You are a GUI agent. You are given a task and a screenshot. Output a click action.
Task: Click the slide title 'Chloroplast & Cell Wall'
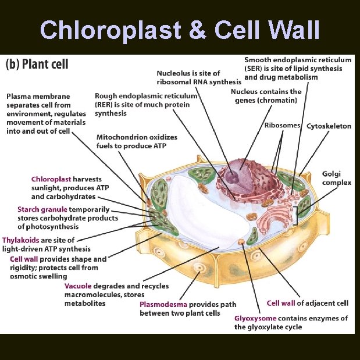pos(180,30)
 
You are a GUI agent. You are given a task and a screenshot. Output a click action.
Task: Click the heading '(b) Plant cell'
pos(37,64)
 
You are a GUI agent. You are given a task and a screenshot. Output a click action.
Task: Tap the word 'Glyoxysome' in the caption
pos(255,318)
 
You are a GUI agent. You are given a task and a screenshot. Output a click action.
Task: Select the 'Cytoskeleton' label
pos(329,125)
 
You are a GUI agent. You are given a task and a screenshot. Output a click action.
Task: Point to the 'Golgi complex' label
pos(337,178)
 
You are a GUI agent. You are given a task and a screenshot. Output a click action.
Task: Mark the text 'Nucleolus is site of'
pos(188,73)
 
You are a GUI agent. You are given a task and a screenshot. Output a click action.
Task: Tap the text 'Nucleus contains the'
pos(266,92)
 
